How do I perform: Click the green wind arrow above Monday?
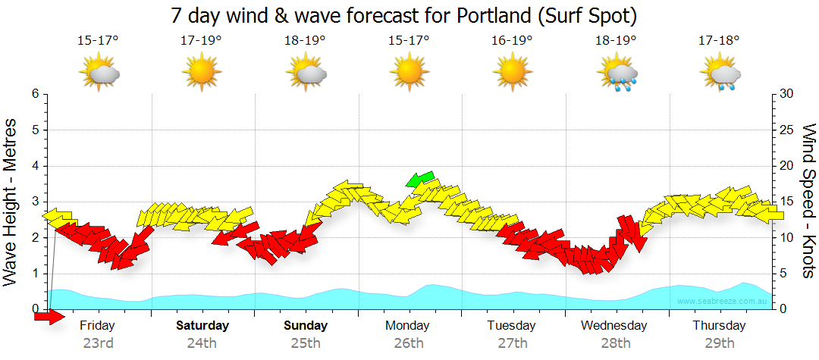point(420,179)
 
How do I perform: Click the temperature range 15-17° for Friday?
point(98,41)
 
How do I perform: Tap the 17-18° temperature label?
point(718,41)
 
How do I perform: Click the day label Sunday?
point(306,325)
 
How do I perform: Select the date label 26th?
point(409,343)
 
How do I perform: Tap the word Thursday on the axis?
point(720,325)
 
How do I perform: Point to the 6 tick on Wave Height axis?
point(35,94)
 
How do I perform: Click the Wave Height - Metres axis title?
point(11,201)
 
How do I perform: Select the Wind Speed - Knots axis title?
point(808,201)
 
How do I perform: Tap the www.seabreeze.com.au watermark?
point(723,302)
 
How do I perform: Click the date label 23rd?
point(98,343)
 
